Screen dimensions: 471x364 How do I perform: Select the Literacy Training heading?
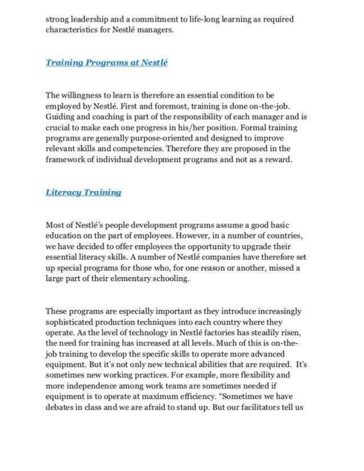pyautogui.click(x=83, y=192)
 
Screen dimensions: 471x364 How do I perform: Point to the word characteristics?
pyautogui.click(x=73, y=30)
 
